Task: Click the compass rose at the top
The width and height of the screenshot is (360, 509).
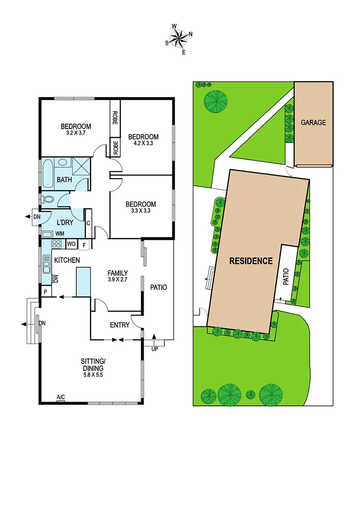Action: (179, 37)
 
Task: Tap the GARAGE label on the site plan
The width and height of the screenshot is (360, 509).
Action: (313, 123)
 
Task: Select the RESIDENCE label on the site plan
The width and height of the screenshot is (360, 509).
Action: (251, 261)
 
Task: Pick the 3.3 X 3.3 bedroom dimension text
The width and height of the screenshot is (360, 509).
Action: (140, 212)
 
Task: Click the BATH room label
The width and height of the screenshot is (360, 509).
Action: (64, 180)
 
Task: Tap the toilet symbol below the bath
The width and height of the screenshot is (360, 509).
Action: (47, 200)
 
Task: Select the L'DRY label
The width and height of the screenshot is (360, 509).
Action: (65, 222)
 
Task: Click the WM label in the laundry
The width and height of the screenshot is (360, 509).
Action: (60, 233)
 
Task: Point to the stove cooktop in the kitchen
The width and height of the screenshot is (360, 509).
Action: (56, 244)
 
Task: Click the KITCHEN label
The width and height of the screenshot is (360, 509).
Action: (67, 260)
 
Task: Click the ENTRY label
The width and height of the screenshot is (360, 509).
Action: (120, 325)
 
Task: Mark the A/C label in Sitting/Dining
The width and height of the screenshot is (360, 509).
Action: (60, 398)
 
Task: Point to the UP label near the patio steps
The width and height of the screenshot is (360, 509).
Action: (154, 349)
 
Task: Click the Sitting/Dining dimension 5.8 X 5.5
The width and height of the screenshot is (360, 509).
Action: (92, 375)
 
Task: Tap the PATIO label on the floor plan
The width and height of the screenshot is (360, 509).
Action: (158, 287)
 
